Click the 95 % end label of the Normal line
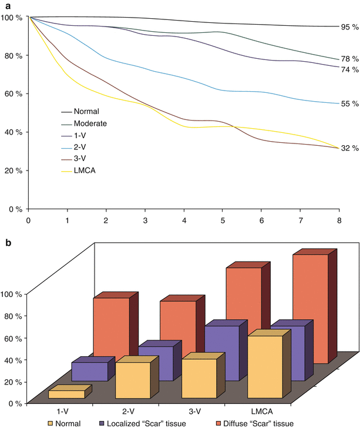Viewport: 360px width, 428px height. click(x=349, y=26)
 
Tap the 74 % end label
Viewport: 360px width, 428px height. click(x=349, y=69)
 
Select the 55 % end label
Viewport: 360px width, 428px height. click(x=349, y=104)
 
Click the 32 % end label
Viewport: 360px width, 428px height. click(x=349, y=148)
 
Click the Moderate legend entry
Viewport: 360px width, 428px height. click(x=92, y=123)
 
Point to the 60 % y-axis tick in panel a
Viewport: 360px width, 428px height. click(x=12, y=94)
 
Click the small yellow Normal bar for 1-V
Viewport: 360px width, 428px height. click(x=66, y=394)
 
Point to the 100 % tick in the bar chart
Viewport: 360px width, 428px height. click(x=12, y=294)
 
